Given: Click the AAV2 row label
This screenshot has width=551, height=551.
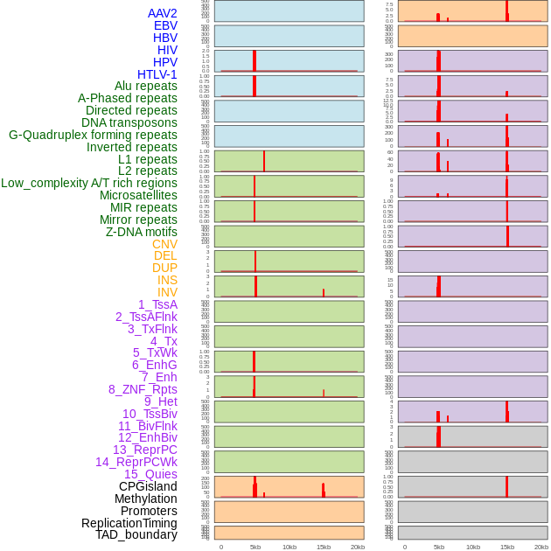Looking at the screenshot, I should [163, 13].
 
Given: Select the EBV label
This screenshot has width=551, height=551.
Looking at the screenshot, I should [165, 25].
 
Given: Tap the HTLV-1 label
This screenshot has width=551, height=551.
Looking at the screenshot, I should [157, 74].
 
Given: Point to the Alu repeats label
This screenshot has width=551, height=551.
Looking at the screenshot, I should [146, 86].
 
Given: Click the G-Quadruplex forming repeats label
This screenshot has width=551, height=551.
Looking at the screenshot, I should [93, 135].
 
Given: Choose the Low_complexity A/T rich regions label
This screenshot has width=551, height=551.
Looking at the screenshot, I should [89, 183].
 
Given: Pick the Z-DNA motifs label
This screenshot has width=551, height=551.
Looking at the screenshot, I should [142, 232].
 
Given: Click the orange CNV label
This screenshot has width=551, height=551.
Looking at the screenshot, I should [164, 244].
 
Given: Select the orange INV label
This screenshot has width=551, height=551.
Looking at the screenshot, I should [167, 292].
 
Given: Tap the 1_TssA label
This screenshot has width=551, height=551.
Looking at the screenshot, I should [157, 304].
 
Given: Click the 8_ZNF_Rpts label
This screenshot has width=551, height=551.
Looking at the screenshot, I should [143, 389].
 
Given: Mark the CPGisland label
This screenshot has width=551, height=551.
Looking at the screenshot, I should [148, 486].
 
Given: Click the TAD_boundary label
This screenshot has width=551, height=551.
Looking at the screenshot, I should [136, 534].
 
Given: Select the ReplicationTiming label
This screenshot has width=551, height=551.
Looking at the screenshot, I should [129, 523].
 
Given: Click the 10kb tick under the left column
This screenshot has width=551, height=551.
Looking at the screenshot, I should [289, 547].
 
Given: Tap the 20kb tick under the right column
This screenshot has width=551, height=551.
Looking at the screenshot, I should [541, 547].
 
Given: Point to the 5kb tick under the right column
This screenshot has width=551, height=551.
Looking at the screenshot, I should [439, 547].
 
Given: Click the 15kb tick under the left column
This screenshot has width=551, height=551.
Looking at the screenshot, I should [324, 547].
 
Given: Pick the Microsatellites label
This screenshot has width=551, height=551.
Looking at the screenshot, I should [138, 195].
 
